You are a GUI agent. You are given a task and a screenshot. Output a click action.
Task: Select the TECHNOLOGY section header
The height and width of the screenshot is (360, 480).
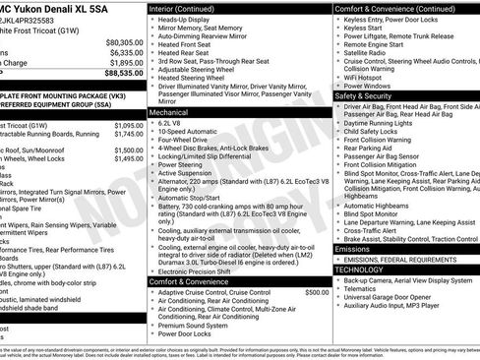pyautogui.click(x=359, y=269)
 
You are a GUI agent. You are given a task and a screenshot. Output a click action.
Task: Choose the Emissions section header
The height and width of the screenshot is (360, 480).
pyautogui.click(x=353, y=249)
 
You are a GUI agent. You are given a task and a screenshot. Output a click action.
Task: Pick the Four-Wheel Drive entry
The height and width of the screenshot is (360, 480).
pyautogui.click(x=188, y=140)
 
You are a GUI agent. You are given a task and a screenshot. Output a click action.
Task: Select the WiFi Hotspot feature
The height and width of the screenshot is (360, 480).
pyautogui.click(x=368, y=76)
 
